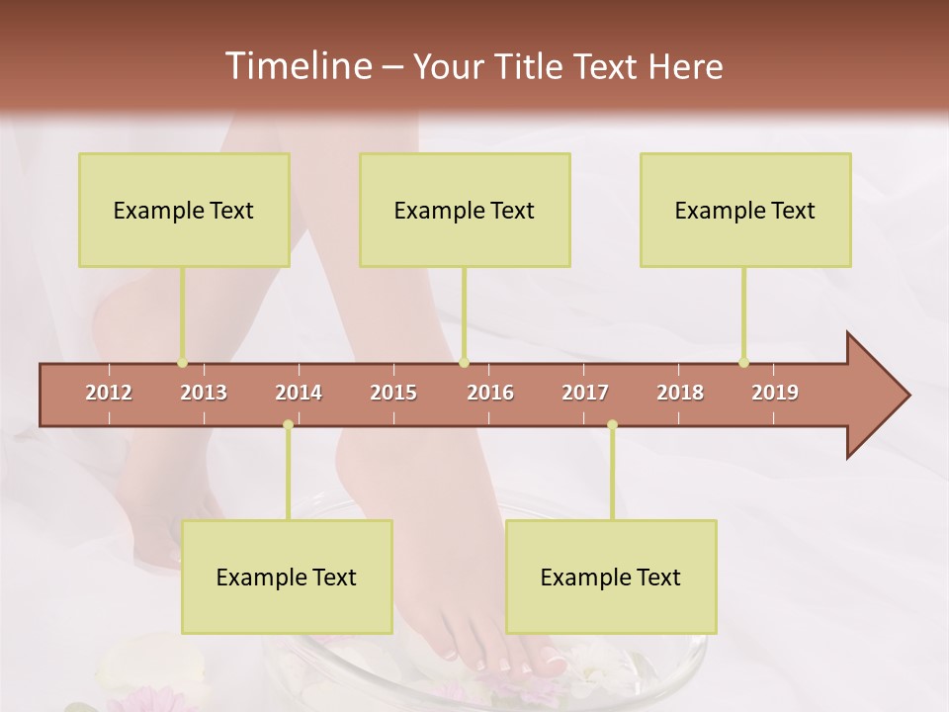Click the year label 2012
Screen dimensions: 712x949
click(x=109, y=393)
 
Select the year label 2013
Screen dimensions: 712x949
click(x=204, y=393)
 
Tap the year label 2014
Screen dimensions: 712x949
click(x=299, y=393)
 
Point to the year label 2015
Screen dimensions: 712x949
click(x=393, y=393)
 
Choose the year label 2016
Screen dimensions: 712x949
click(x=490, y=393)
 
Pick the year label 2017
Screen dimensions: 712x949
click(x=585, y=393)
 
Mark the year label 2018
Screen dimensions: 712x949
click(x=680, y=393)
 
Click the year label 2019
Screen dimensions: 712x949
click(x=775, y=393)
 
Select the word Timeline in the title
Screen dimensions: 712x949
click(x=297, y=66)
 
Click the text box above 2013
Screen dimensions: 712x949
click(x=184, y=210)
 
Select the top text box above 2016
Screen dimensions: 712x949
click(x=465, y=210)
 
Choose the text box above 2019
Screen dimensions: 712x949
click(x=745, y=210)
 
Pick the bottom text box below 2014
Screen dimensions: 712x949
click(x=287, y=577)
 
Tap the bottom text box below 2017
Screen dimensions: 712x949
click(x=611, y=577)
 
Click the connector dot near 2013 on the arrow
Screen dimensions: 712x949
click(x=182, y=363)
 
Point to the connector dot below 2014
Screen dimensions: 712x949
click(x=288, y=424)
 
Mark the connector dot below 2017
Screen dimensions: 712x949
click(x=612, y=424)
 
